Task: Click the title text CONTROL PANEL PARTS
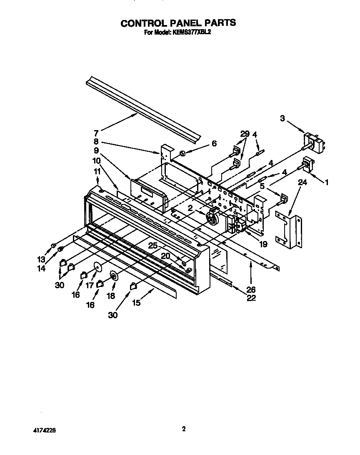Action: (x=178, y=23)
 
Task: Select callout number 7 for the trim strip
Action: (x=96, y=133)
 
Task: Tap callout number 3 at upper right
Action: (x=283, y=119)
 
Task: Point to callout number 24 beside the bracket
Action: (x=302, y=182)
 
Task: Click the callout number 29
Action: (x=245, y=134)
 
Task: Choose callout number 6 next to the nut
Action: (x=214, y=143)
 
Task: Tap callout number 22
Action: (x=251, y=298)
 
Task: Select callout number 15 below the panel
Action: (x=136, y=303)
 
